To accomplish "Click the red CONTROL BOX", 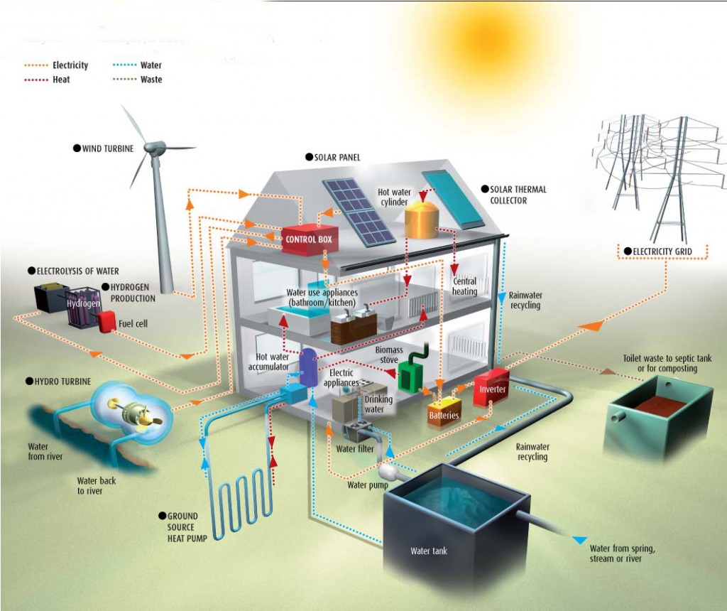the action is point(310,239).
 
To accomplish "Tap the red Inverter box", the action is point(491,388).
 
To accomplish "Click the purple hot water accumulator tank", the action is point(308,367).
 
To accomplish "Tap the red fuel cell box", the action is point(106,322).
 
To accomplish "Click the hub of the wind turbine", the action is point(155,148).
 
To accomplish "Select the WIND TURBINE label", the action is point(104,148).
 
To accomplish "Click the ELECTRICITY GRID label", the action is point(658,252).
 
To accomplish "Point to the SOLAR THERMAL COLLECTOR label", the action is point(514,195).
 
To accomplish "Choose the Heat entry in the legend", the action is point(47,80).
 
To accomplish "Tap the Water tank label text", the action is point(429,551).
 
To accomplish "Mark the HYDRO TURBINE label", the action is point(58,382).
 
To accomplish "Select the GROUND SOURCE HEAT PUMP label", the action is point(182,527).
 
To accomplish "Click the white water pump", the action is point(388,472).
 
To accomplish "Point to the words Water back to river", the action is point(97,486).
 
